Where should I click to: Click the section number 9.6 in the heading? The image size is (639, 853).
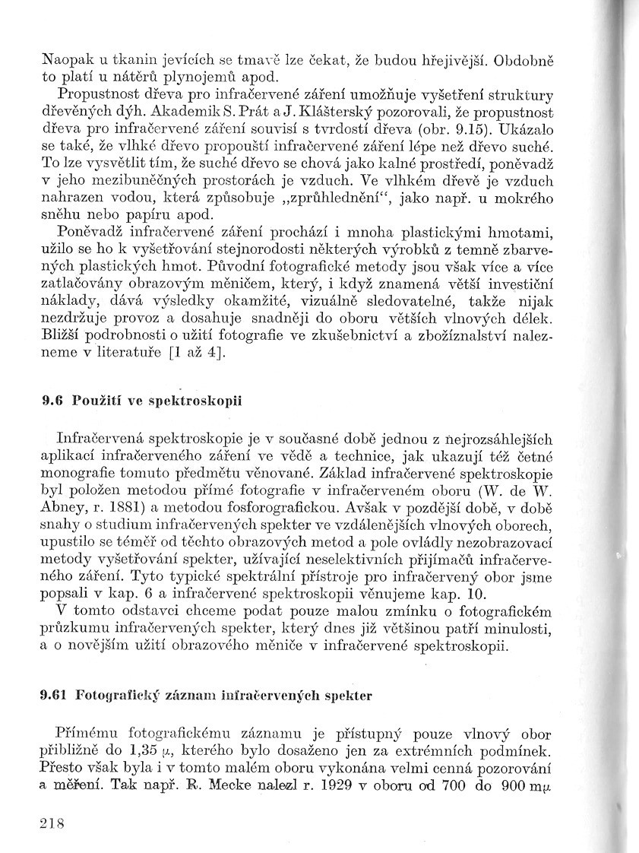click(x=52, y=402)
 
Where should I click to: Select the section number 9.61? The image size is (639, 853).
click(x=55, y=695)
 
